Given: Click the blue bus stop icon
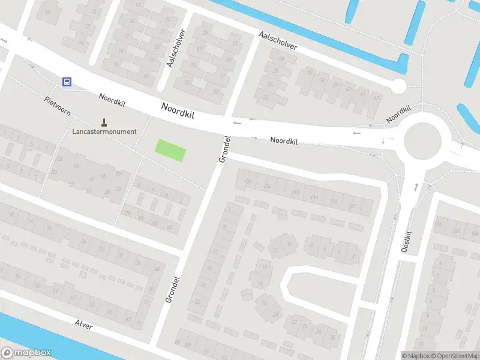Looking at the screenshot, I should [67, 82].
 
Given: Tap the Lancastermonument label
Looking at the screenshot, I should [104, 131].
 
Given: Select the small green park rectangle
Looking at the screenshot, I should [170, 149].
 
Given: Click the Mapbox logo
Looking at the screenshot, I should [26, 352].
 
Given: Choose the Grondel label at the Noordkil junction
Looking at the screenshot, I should [224, 149].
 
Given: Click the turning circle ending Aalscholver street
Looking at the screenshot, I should [398, 86].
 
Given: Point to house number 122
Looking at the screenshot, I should [352, 206].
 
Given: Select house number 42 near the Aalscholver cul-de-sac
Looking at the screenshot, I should [376, 97].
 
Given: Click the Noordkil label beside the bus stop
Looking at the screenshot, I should [112, 100].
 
